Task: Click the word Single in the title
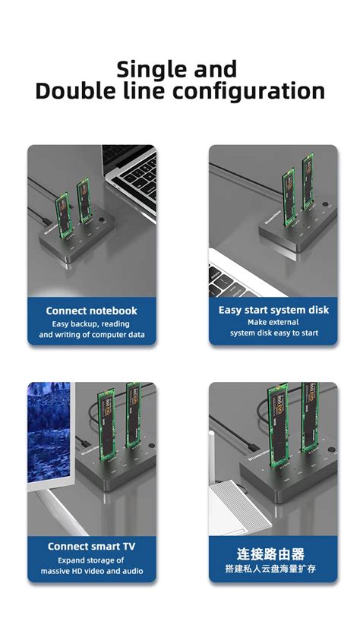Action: [149, 70]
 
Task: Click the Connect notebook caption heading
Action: [92, 311]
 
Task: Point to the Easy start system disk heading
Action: [273, 310]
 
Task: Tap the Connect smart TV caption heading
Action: [92, 546]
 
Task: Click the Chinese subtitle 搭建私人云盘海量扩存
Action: [273, 569]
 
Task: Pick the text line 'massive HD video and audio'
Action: [92, 571]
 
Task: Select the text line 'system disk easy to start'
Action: [273, 333]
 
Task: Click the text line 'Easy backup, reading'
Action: [92, 323]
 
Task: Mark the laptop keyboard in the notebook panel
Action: [133, 173]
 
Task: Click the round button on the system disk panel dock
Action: [324, 206]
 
